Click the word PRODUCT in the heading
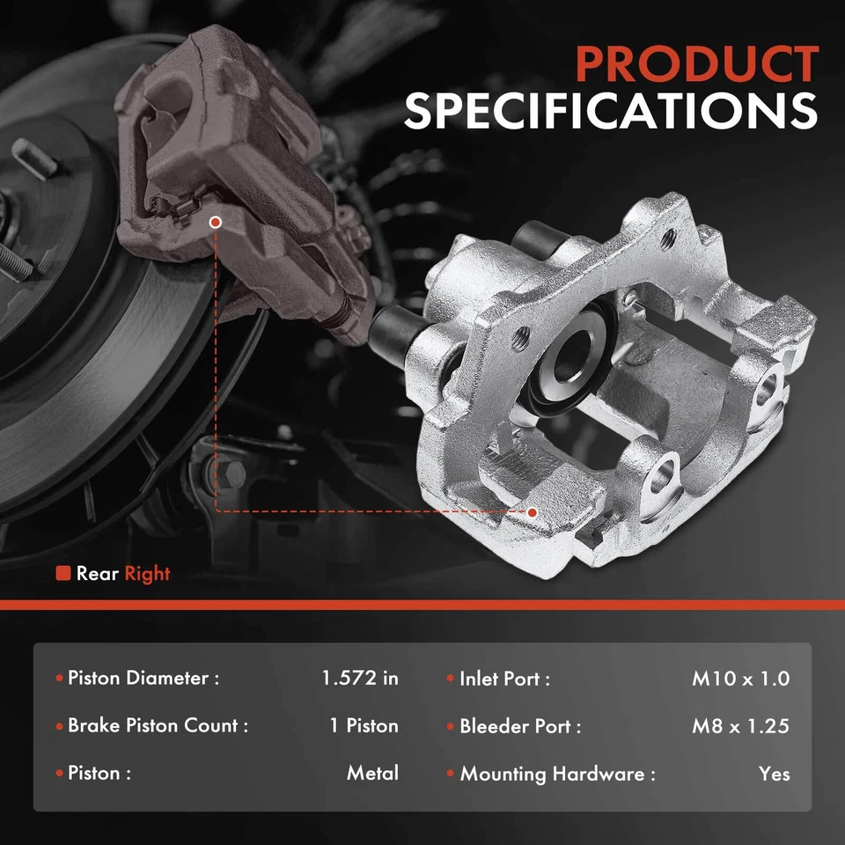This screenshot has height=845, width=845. point(696,65)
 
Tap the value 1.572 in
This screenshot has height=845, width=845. point(359,679)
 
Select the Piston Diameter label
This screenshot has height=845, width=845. point(143,679)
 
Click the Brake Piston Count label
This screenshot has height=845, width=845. point(158,726)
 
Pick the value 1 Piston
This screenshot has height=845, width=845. point(364,726)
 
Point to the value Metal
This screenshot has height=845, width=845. point(372,774)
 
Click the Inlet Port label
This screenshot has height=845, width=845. point(504,679)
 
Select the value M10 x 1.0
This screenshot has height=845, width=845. point(740,679)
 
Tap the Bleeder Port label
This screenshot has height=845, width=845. point(520,726)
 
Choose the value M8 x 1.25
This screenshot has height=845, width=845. point(740,726)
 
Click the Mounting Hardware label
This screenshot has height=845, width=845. point(557,775)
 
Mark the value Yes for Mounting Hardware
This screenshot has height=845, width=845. point(774,775)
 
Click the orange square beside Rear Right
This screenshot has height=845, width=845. point(62,574)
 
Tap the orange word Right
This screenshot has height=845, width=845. point(147,574)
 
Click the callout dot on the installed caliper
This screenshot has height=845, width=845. point(216,223)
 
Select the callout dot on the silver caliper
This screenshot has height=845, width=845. point(532,511)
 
